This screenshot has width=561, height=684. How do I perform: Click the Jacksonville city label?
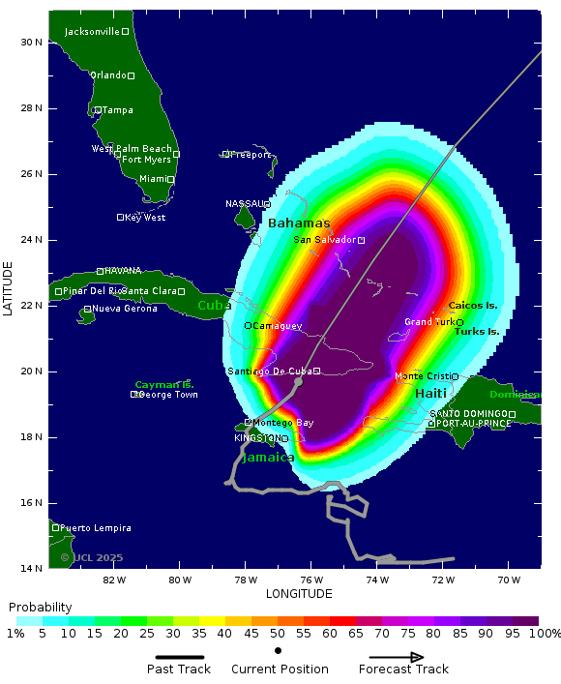[x=92, y=32]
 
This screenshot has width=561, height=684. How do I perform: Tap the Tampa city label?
[x=117, y=110]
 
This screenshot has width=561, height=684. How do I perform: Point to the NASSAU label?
[x=244, y=204]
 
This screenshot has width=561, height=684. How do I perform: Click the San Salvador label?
[x=325, y=240]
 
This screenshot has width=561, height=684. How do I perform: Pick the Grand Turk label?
[x=429, y=322]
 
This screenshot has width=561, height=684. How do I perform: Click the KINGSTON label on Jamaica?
[x=256, y=438]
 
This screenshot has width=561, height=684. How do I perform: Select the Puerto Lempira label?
[x=96, y=528]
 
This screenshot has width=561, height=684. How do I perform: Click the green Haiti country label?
[x=430, y=394]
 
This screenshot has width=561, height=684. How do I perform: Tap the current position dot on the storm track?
[x=298, y=382]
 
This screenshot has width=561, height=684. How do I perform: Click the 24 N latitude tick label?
[x=31, y=240]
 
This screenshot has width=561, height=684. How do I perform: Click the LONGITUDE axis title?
[x=299, y=594]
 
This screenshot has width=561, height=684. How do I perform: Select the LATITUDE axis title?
[x=9, y=287]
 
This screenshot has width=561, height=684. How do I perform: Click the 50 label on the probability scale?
[x=278, y=634]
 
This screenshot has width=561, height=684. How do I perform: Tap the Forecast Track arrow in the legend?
[x=403, y=657]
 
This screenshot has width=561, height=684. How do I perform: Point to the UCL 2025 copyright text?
[x=92, y=557]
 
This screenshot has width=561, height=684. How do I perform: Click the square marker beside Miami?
[x=171, y=180]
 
